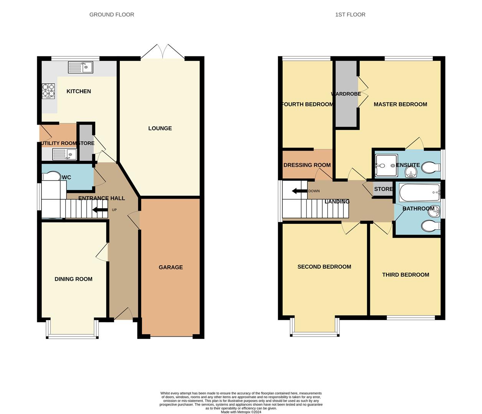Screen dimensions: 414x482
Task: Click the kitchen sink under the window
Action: click(81, 67)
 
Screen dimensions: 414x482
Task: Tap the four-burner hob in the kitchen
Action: click(48, 90)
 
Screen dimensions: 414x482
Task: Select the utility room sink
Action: click(64, 154)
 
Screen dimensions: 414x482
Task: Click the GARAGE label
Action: click(171, 267)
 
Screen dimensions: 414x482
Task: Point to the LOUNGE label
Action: click(160, 128)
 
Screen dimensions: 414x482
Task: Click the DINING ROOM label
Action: click(73, 279)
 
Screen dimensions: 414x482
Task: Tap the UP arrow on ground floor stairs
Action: click(100, 210)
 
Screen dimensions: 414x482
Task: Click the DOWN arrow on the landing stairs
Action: click(299, 191)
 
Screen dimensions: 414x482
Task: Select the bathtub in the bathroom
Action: click(419, 192)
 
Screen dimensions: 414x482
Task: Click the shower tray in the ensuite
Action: click(386, 166)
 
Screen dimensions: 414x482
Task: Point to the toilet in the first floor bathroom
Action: click(431, 226)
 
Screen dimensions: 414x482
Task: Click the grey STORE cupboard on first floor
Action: click(383, 189)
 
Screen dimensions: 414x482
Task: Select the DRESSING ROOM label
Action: click(307, 165)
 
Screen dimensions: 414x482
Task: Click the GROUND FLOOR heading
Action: click(112, 15)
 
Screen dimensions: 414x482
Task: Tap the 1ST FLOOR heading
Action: click(350, 15)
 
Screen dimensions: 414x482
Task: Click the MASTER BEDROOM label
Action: click(400, 104)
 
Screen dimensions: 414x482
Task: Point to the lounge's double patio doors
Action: click(163, 52)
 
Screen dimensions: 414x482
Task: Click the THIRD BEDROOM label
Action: click(406, 275)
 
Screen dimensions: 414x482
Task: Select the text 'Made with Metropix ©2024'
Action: click(241, 412)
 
